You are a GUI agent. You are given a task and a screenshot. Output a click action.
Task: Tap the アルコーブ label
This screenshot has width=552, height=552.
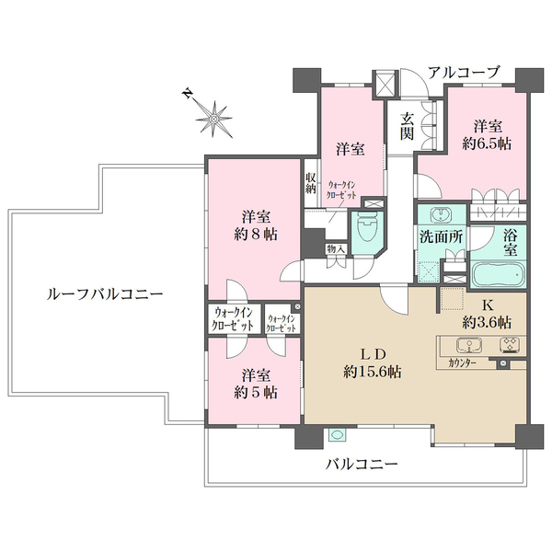pyautogui.click(x=467, y=72)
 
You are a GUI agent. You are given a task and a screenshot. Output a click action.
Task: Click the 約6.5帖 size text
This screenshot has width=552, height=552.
pyautogui.click(x=488, y=144)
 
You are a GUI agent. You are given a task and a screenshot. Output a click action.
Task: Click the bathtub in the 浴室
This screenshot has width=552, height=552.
pyautogui.click(x=499, y=274)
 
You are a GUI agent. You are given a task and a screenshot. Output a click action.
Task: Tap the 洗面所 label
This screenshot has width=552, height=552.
pyautogui.click(x=443, y=236)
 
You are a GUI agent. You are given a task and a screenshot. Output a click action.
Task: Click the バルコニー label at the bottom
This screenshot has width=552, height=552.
pyautogui.click(x=362, y=466)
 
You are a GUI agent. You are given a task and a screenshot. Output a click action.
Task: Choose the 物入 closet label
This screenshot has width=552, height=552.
pyautogui.click(x=335, y=248)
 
